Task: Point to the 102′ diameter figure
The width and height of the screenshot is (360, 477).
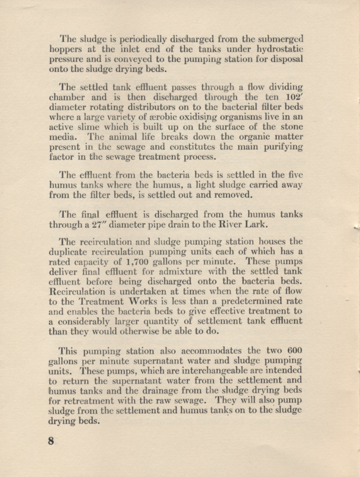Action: pos(294,98)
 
